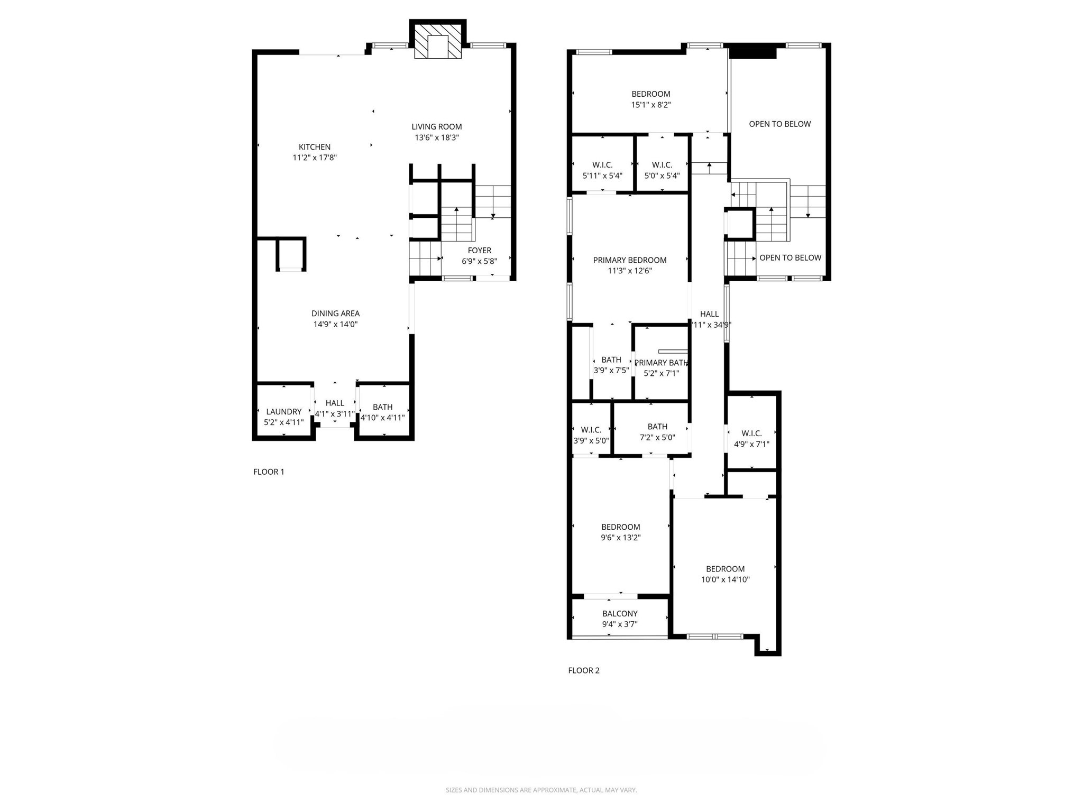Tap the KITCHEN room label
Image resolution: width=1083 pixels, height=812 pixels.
315,147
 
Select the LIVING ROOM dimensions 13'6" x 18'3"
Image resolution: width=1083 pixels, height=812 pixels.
437,138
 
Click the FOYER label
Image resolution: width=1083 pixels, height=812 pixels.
480,251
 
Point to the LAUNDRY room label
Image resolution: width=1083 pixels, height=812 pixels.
284,412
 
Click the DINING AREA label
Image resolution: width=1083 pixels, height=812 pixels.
335,313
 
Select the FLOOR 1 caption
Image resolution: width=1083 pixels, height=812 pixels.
269,472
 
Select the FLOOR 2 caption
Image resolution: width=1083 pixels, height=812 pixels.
584,671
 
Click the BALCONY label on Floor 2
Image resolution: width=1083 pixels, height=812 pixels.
620,614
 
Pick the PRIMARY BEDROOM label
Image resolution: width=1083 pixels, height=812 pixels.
630,260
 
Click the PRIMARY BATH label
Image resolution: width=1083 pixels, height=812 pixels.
661,363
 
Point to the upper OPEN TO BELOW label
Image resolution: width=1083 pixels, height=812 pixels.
779,124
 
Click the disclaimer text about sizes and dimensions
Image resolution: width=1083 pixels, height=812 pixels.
541,790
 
